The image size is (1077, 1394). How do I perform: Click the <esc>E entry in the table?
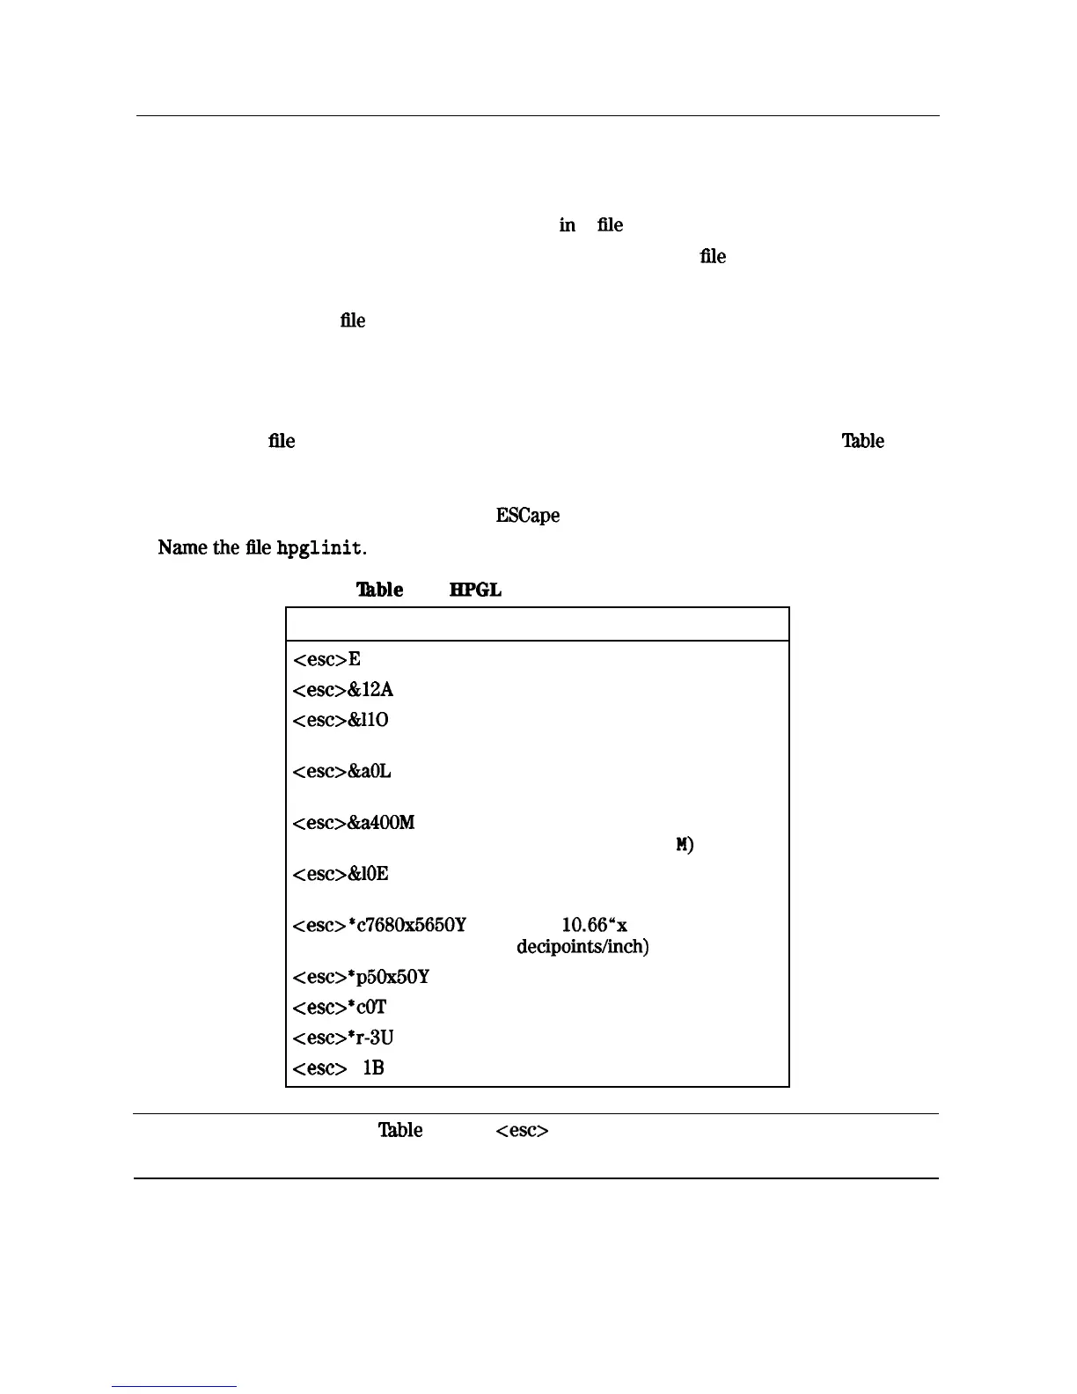[326, 659]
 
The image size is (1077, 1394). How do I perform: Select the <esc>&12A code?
[337, 690]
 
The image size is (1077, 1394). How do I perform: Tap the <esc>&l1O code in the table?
[340, 720]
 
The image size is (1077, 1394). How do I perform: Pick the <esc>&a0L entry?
[341, 772]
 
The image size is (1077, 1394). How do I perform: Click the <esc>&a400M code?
[353, 823]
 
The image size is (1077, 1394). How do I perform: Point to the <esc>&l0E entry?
[340, 874]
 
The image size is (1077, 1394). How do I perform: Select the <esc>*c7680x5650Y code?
[378, 926]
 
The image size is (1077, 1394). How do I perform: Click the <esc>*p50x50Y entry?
[361, 977]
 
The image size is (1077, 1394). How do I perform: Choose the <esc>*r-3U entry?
[342, 1038]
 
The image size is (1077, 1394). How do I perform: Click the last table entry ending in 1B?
[338, 1068]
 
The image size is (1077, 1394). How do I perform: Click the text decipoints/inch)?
[582, 947]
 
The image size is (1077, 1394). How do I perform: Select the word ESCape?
[527, 516]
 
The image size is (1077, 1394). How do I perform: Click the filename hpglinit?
[319, 548]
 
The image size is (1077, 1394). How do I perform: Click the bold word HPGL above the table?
[475, 590]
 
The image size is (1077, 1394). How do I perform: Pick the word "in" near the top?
[568, 225]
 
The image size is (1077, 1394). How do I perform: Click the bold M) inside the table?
[685, 845]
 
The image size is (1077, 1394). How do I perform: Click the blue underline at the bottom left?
[174, 1387]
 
